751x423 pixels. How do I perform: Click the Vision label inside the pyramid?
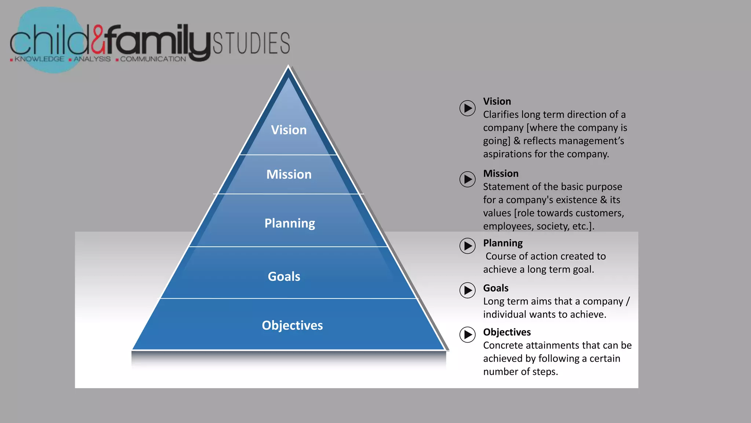click(289, 130)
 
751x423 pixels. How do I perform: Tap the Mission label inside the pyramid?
click(289, 174)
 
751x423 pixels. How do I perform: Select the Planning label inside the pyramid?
click(290, 223)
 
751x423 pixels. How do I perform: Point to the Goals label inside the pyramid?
click(284, 276)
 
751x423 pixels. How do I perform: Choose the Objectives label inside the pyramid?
click(292, 325)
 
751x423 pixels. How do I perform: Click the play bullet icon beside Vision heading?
click(468, 108)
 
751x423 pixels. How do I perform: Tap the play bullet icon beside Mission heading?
click(468, 179)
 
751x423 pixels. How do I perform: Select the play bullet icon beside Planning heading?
click(468, 246)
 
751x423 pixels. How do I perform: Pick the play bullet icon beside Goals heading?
click(468, 290)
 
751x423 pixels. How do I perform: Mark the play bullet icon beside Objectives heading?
click(468, 335)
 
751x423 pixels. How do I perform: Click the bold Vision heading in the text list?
click(497, 101)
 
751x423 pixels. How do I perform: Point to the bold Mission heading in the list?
click(501, 174)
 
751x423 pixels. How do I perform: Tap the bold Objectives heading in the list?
click(507, 332)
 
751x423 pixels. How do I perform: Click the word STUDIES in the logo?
click(252, 43)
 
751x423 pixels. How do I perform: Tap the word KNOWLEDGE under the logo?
click(39, 59)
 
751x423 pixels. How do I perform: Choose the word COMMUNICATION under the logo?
click(153, 59)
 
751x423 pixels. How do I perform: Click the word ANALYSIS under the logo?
click(92, 59)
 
